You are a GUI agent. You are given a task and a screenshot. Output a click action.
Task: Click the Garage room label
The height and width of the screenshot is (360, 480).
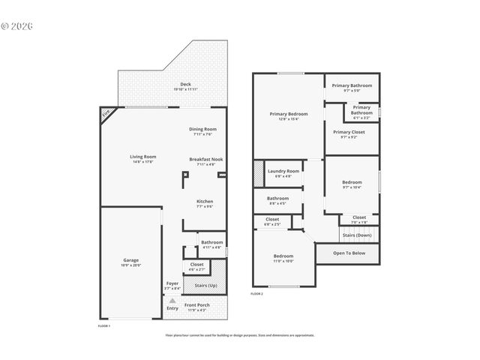coord(131,260)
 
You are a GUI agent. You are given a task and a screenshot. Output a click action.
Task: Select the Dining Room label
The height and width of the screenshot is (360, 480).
coord(203,129)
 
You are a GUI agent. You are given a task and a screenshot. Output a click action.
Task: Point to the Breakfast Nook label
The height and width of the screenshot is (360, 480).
coord(205,159)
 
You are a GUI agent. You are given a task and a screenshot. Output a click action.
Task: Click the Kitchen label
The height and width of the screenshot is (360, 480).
coord(205,201)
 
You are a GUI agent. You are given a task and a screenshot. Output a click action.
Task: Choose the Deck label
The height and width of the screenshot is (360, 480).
coord(184,83)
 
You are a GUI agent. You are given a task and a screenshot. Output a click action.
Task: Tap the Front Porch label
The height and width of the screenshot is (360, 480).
coord(197,304)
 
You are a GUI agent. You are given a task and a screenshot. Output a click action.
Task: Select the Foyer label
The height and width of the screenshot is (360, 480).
coord(172,283)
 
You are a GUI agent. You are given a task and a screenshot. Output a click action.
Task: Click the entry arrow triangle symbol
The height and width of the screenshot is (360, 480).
coord(172,301)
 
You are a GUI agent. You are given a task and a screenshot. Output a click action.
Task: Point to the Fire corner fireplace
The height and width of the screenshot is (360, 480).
coord(106,113)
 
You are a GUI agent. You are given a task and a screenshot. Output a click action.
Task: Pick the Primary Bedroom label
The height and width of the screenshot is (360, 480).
coord(289,114)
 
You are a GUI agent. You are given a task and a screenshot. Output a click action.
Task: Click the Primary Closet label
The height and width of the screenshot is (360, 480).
coord(349,132)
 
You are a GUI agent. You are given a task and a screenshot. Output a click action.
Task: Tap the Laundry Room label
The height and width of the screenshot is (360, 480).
coord(283,171)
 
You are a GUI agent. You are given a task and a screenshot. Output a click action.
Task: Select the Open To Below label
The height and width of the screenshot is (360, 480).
coord(349,253)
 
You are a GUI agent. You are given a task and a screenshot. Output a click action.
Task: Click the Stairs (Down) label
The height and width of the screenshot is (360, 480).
coord(358,235)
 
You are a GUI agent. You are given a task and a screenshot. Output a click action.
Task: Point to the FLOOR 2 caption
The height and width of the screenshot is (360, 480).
coord(257,294)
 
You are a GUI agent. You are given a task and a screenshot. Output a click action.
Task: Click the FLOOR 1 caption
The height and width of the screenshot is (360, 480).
coord(104,326)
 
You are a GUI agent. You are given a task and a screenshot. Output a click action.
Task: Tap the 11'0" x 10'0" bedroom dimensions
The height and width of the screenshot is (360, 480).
coord(283,261)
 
